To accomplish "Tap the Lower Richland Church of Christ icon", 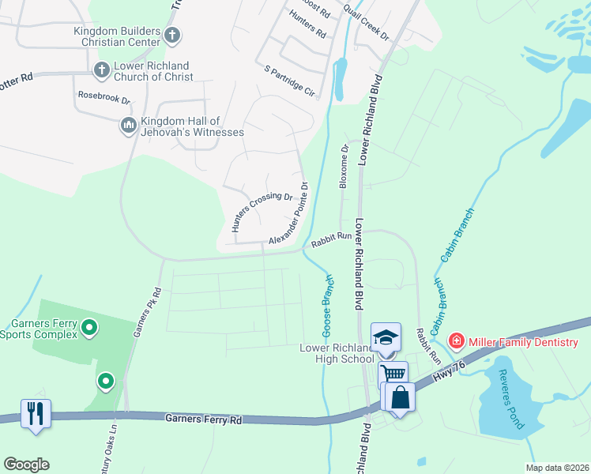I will click(x=101, y=71).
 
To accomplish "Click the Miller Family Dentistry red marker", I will click(x=456, y=341).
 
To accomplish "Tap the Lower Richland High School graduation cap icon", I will click(x=386, y=337).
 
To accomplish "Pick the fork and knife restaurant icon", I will click(x=36, y=414).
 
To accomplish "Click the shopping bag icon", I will click(x=401, y=397).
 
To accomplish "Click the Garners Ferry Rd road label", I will click(x=204, y=419).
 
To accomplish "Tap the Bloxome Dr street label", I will click(x=344, y=167).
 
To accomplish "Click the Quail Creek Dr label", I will click(x=366, y=24).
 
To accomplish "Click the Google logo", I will click(x=26, y=465).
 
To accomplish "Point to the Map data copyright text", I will click(x=556, y=468).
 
